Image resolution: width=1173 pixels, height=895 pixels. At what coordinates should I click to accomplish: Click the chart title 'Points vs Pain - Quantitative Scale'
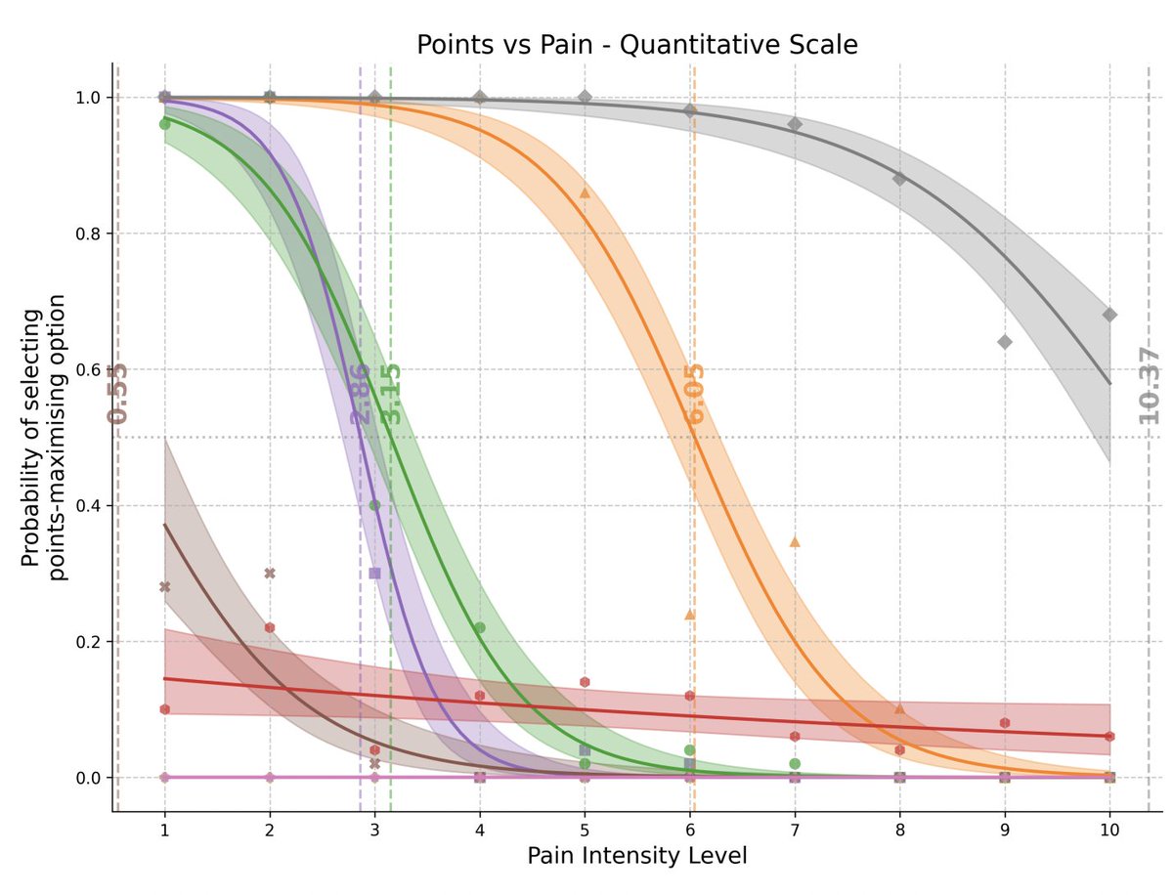(x=636, y=45)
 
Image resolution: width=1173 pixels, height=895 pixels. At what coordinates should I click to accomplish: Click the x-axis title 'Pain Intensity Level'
(x=636, y=856)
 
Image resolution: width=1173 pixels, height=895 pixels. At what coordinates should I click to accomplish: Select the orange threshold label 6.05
(x=695, y=393)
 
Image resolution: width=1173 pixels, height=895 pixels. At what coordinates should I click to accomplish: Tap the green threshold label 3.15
(x=391, y=393)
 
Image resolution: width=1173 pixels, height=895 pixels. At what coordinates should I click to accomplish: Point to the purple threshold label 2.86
(x=360, y=393)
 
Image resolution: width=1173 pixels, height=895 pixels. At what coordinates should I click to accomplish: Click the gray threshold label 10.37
(x=1150, y=384)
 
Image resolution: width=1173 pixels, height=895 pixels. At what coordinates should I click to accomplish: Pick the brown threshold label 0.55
(x=117, y=393)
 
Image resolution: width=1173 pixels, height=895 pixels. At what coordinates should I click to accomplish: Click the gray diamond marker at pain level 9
(x=1005, y=341)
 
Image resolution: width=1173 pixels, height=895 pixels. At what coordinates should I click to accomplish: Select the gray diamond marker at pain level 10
(x=1109, y=315)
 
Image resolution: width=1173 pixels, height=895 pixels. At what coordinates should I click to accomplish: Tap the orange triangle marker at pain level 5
(x=585, y=192)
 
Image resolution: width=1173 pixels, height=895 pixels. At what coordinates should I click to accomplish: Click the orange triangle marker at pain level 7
(x=795, y=541)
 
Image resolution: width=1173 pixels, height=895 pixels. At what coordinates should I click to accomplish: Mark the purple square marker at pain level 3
(x=374, y=574)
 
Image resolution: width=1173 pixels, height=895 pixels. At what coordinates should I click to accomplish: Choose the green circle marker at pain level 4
(x=480, y=627)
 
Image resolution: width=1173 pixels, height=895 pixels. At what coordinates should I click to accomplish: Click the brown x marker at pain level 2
(x=270, y=574)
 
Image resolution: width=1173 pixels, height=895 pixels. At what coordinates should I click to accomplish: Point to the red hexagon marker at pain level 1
(x=164, y=709)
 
